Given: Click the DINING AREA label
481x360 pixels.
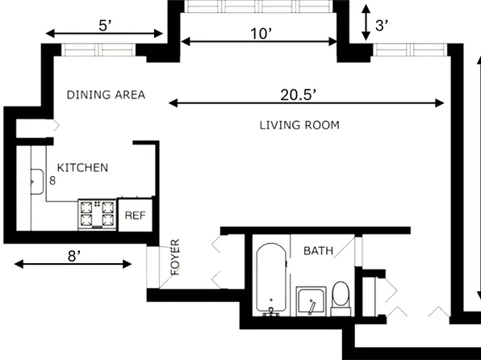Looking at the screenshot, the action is click(x=106, y=94).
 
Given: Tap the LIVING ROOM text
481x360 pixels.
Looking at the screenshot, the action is click(x=299, y=125).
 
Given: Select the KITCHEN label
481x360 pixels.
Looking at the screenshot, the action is click(x=82, y=168).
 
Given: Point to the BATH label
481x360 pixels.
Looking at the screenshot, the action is click(x=318, y=251).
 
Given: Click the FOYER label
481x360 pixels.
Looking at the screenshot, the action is click(x=175, y=257).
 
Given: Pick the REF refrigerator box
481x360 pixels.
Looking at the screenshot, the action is click(x=136, y=216).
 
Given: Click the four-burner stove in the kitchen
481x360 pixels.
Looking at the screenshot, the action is click(x=97, y=215).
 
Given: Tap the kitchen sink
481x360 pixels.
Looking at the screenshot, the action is click(x=36, y=182).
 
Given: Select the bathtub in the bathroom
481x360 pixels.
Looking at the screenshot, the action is click(x=271, y=279).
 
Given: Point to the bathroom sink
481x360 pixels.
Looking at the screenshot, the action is click(x=311, y=301).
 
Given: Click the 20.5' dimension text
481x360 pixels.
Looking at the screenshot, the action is click(x=299, y=95).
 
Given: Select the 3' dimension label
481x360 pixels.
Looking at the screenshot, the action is click(x=382, y=26).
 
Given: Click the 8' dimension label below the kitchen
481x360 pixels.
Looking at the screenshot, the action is click(x=74, y=256).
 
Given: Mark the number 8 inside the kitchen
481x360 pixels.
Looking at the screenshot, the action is click(x=52, y=181).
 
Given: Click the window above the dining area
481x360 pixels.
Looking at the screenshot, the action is click(x=98, y=50).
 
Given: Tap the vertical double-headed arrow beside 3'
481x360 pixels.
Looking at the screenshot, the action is click(x=366, y=23).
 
